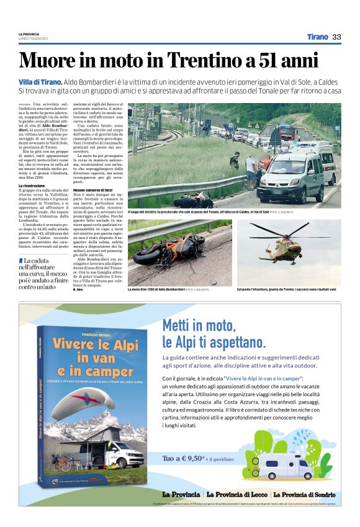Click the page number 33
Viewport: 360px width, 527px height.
336,37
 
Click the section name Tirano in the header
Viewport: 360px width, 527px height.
318,37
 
